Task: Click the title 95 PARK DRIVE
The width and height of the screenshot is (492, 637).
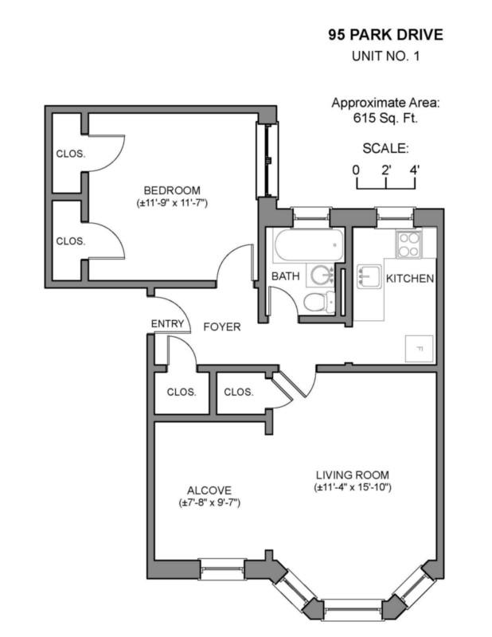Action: coord(385,35)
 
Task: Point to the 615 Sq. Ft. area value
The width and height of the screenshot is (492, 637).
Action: coord(385,118)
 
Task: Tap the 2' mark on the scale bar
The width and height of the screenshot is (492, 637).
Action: coord(385,169)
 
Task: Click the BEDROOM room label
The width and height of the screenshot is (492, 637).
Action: coord(171,190)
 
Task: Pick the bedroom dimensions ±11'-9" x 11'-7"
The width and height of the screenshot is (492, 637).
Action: coord(171,203)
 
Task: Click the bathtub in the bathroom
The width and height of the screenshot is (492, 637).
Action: coord(307,246)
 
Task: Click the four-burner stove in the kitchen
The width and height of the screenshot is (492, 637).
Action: coord(409,244)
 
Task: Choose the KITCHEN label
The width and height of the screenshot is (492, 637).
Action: coord(409,279)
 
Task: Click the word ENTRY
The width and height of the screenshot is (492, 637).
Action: coord(167,324)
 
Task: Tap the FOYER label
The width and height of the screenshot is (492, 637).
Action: coord(222,326)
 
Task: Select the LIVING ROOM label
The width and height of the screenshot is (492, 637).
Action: coord(351,475)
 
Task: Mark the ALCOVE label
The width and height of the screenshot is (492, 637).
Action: coord(209,490)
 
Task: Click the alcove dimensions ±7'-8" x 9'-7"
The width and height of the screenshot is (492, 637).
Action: coord(209,503)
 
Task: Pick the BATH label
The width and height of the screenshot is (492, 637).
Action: coord(284,276)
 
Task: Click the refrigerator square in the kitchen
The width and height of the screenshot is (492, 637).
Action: coord(419,349)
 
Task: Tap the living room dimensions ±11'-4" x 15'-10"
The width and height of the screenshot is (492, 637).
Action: coord(351,487)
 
